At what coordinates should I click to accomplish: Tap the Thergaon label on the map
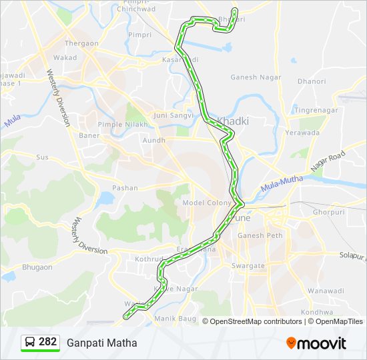click(x=81, y=43)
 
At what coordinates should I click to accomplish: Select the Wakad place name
click(x=65, y=57)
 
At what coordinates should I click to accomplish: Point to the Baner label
click(x=89, y=135)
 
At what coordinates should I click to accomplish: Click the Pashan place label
click(x=125, y=188)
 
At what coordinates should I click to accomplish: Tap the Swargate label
click(x=248, y=265)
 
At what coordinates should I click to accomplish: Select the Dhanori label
click(x=312, y=81)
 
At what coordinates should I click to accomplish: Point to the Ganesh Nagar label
click(x=253, y=77)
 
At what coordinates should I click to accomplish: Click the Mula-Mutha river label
click(x=282, y=185)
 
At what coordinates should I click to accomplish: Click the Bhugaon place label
click(x=37, y=267)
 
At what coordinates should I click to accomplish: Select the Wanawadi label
click(x=325, y=291)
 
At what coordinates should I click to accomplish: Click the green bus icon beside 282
click(x=30, y=342)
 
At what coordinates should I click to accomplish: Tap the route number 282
click(x=47, y=342)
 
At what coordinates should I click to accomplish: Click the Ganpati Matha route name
click(x=102, y=343)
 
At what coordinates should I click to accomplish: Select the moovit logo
click(x=316, y=343)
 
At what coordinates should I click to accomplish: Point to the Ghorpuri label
click(x=328, y=212)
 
